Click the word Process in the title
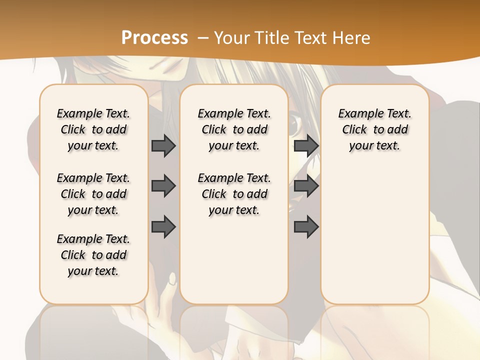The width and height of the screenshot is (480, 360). (154, 38)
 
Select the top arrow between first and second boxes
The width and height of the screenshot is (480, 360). (163, 146)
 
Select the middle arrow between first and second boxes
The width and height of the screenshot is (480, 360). (163, 186)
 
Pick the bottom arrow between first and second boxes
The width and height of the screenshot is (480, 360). (163, 226)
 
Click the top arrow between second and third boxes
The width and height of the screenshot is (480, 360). (306, 146)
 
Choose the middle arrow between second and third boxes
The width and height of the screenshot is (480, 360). (306, 186)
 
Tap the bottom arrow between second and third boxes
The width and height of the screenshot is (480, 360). (306, 226)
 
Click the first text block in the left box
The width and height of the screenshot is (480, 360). (93, 129)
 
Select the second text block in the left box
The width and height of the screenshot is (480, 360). (93, 194)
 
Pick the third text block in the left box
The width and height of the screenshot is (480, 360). (93, 255)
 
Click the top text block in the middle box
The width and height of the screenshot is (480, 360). (234, 129)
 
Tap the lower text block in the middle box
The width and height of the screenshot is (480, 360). (234, 194)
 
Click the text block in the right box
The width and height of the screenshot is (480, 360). (374, 129)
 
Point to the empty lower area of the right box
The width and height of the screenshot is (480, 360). (374, 235)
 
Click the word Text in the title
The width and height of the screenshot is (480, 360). (309, 38)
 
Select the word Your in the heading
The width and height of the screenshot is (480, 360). (231, 38)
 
